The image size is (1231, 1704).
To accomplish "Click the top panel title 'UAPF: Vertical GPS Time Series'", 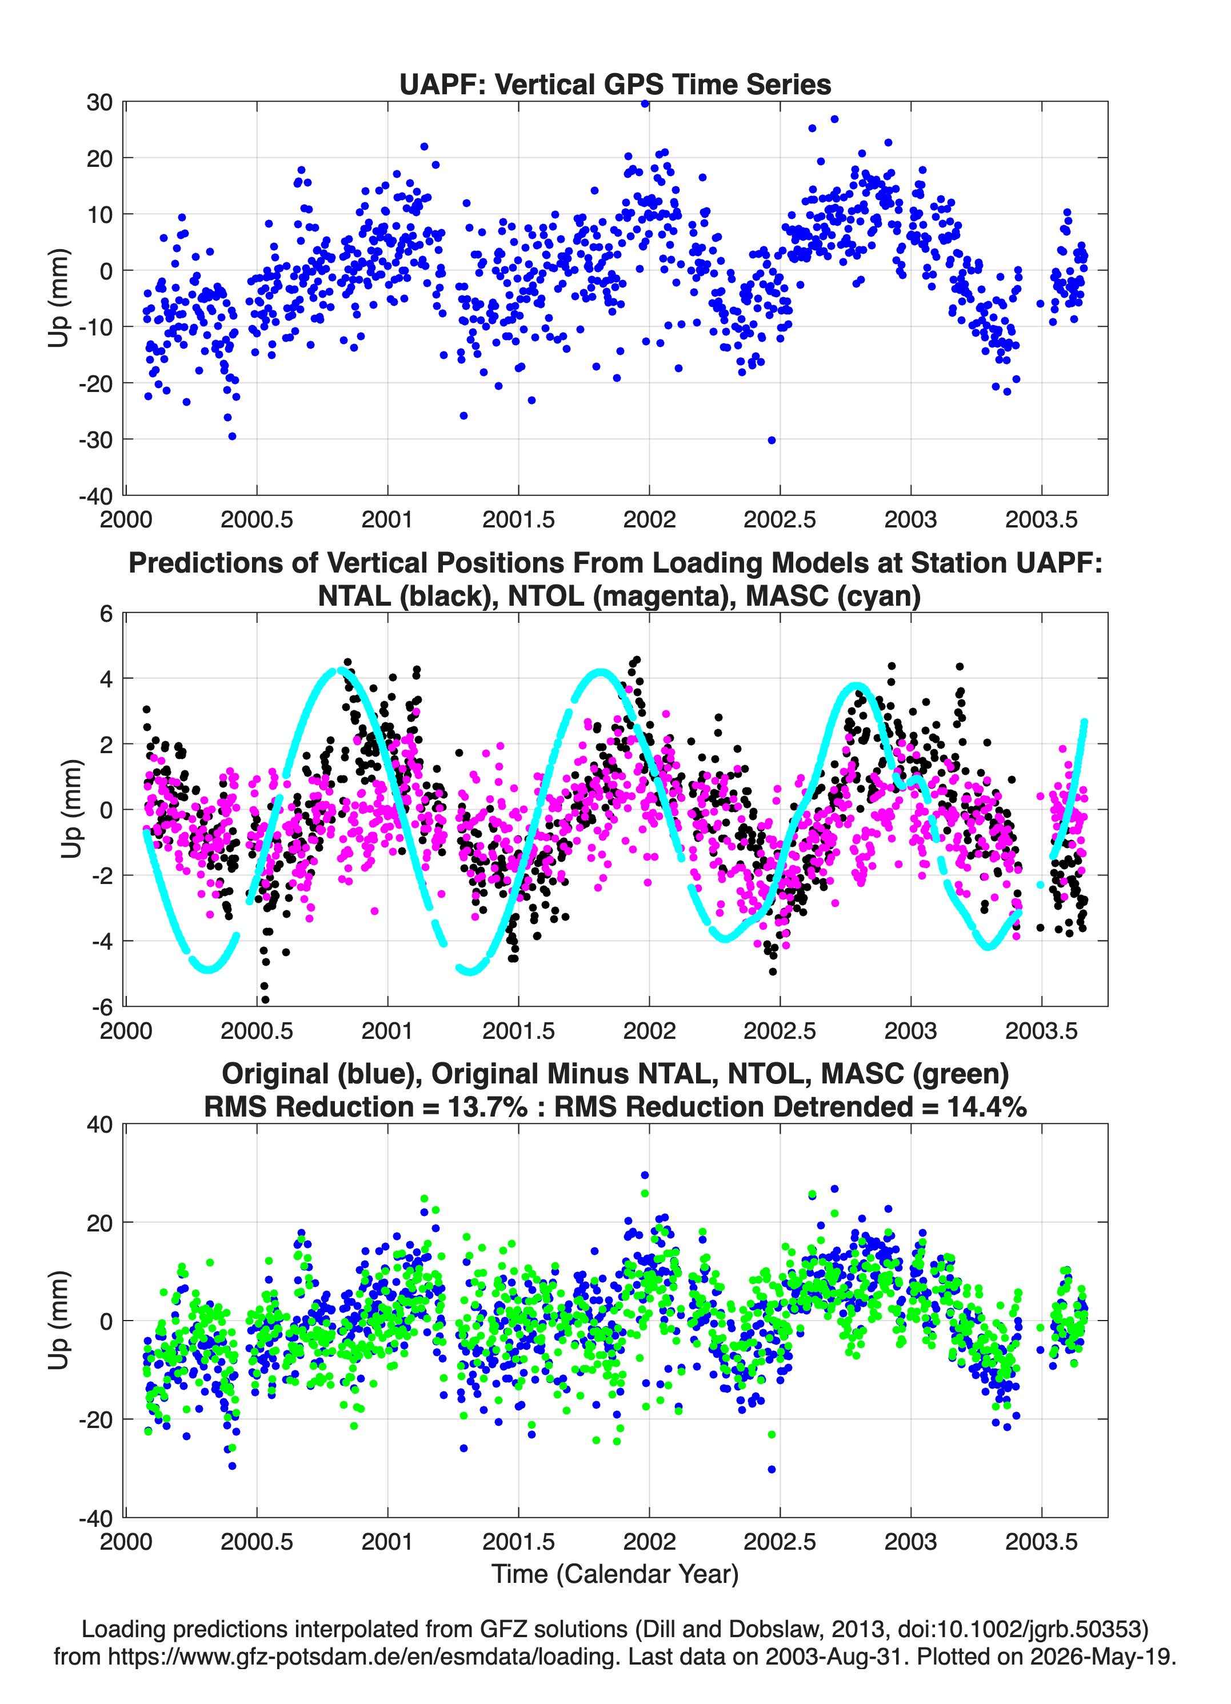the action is [615, 84].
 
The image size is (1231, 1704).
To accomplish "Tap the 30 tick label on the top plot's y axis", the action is [99, 102].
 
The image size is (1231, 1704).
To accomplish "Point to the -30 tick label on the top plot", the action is [95, 439].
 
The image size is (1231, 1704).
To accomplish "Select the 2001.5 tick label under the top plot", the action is [518, 519].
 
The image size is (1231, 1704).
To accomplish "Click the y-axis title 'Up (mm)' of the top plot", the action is [59, 298].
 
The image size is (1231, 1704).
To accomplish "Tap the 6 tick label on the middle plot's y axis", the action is [106, 614].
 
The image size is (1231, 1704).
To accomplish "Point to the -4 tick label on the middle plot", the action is [102, 941].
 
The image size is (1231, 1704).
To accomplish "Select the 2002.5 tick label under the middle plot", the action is [780, 1030].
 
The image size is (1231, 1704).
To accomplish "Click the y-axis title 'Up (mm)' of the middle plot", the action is [71, 809].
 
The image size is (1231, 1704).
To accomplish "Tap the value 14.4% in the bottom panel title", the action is [987, 1107].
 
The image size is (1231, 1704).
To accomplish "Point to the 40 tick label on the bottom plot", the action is [99, 1125].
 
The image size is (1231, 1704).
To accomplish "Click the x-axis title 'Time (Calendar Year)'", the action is [615, 1574].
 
